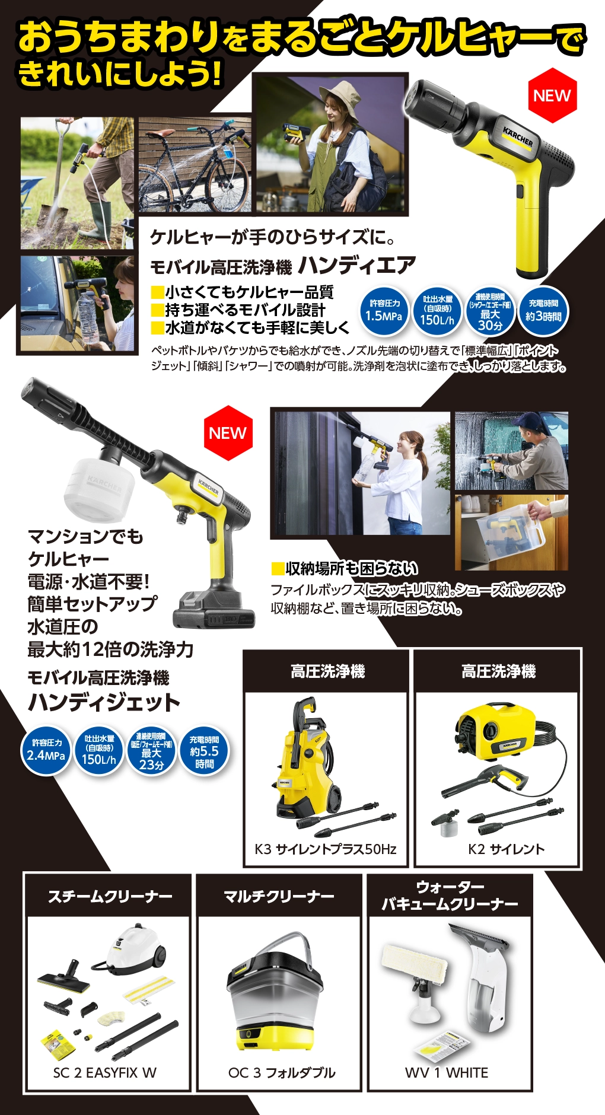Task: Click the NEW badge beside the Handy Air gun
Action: [x=552, y=95]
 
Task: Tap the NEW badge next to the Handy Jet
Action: [x=228, y=433]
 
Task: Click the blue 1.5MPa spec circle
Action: [x=383, y=311]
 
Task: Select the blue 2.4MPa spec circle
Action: [x=46, y=751]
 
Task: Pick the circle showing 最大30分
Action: [x=490, y=311]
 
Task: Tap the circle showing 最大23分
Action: [x=151, y=751]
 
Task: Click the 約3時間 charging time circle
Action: [x=543, y=311]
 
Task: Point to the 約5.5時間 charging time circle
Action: [x=204, y=751]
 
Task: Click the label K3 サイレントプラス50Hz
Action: [x=326, y=849]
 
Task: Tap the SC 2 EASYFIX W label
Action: [x=105, y=1072]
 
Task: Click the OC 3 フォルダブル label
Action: [x=282, y=1072]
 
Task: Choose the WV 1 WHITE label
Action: [x=447, y=1072]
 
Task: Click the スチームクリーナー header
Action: [x=110, y=896]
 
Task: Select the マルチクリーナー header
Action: [x=279, y=896]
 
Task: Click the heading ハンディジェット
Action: [x=104, y=702]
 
